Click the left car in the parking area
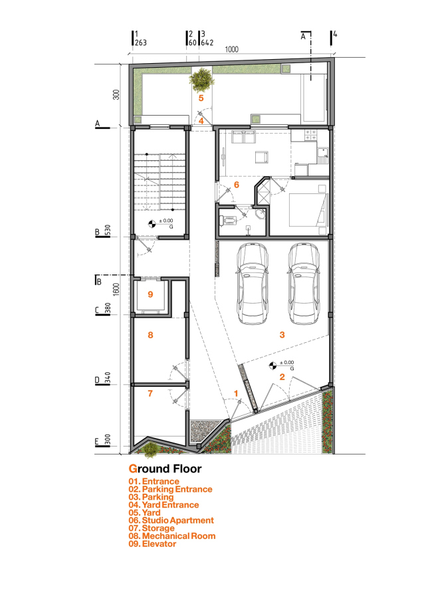point(252,284)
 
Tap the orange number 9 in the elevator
point(150,294)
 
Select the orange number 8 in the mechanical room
point(150,336)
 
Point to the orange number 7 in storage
point(150,394)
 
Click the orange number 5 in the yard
point(201,98)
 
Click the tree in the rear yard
point(201,80)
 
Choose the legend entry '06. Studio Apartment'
point(171,520)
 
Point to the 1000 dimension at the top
point(232,50)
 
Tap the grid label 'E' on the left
point(97,441)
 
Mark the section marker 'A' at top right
point(304,38)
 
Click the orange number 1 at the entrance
point(236,393)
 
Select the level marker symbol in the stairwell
point(152,224)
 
